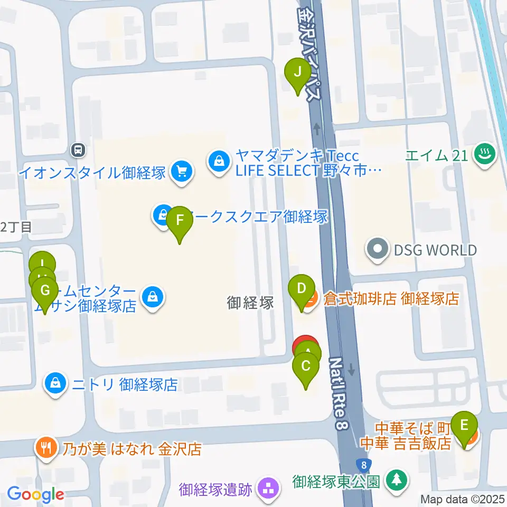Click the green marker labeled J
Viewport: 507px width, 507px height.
click(x=297, y=72)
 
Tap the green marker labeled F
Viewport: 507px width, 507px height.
click(x=180, y=220)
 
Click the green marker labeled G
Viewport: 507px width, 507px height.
click(x=45, y=290)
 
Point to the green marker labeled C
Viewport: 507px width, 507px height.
click(x=306, y=365)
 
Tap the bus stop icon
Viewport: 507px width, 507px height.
click(x=78, y=150)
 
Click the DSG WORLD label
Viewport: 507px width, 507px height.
click(x=435, y=250)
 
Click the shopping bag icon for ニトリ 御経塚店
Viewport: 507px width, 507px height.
click(x=56, y=383)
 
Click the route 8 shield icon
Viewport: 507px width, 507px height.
click(x=363, y=465)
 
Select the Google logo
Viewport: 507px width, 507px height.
click(x=35, y=494)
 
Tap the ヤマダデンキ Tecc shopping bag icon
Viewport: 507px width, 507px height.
click(x=219, y=162)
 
